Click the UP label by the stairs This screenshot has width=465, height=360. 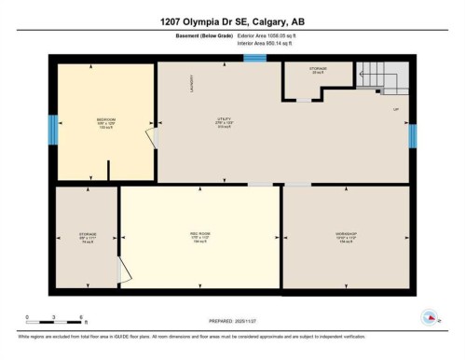(x=396, y=110)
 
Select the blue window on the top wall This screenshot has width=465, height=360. (x=254, y=59)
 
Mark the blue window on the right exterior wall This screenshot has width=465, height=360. (x=412, y=136)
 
